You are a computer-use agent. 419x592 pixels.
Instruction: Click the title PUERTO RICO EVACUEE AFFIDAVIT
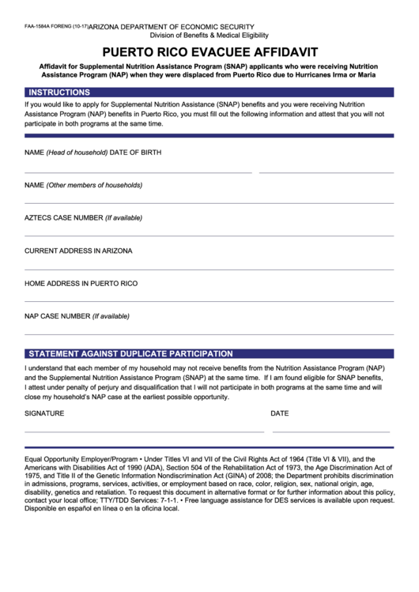(209, 49)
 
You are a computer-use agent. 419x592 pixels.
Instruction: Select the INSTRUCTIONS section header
(59, 92)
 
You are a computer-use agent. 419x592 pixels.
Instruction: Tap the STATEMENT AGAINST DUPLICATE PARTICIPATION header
(130, 354)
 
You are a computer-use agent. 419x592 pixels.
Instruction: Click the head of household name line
(138, 171)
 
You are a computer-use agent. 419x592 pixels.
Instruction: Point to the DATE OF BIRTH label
(135, 152)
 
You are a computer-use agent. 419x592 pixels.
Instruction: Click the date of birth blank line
(326, 171)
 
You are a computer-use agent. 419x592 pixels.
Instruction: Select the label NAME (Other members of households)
(83, 185)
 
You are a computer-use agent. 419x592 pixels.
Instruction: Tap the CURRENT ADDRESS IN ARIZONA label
(78, 251)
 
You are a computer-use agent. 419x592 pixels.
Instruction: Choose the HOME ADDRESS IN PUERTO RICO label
(81, 283)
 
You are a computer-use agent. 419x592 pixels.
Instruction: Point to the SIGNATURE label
(44, 413)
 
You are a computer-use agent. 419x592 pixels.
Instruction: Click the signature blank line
(144, 432)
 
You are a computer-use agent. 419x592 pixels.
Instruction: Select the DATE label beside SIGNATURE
(279, 413)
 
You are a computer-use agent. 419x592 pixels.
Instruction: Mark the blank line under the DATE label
(330, 432)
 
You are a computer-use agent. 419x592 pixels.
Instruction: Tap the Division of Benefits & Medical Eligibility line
(209, 36)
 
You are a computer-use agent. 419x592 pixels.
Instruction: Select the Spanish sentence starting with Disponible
(102, 509)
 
